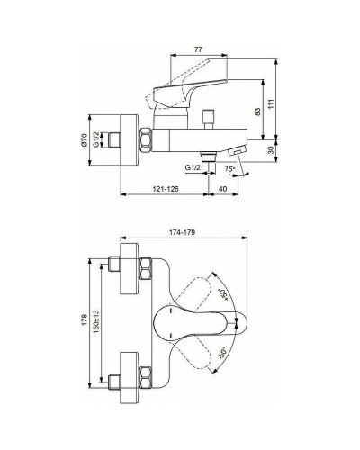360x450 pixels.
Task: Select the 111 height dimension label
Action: [285, 106]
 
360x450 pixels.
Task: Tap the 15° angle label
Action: [231, 168]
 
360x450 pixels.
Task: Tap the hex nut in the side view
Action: [144, 140]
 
